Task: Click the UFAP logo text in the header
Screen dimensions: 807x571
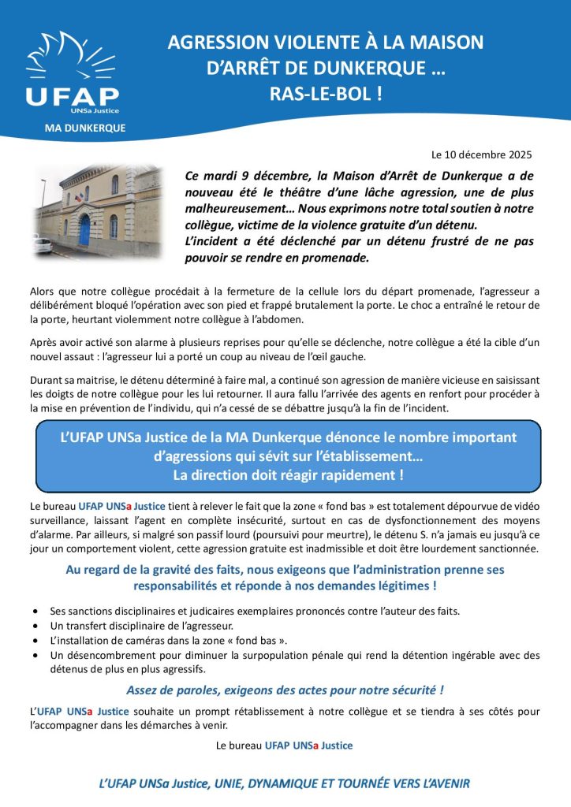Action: [73, 95]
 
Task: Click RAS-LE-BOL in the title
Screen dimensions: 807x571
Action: [326, 95]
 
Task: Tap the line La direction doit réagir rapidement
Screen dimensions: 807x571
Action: [289, 475]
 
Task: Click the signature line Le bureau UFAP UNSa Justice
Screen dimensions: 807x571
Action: [284, 744]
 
